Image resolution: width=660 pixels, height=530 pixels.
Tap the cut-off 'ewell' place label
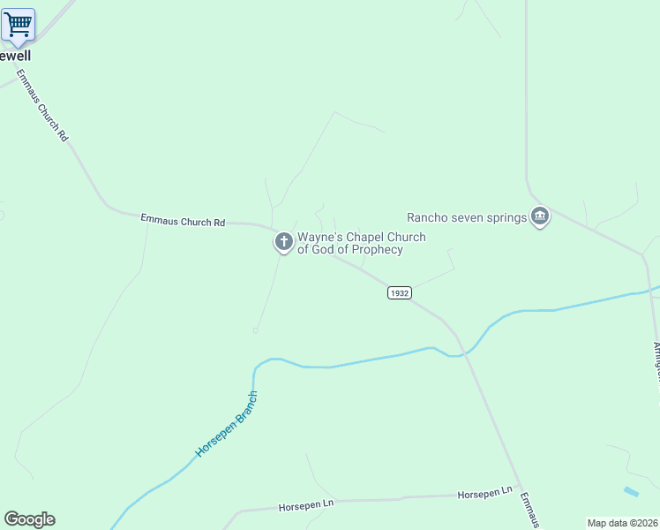(x=15, y=56)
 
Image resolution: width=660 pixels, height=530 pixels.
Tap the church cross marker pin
(x=283, y=241)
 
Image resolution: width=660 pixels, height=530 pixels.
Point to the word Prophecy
(x=375, y=250)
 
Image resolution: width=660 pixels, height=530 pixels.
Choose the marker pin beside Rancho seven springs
(x=539, y=216)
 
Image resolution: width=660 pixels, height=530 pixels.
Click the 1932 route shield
(x=400, y=292)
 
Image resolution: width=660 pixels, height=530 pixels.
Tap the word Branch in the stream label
(x=246, y=402)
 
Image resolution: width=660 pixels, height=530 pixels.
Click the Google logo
(x=29, y=519)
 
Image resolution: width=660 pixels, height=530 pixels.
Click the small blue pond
(x=630, y=491)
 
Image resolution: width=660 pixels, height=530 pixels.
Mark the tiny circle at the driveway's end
(x=255, y=330)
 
